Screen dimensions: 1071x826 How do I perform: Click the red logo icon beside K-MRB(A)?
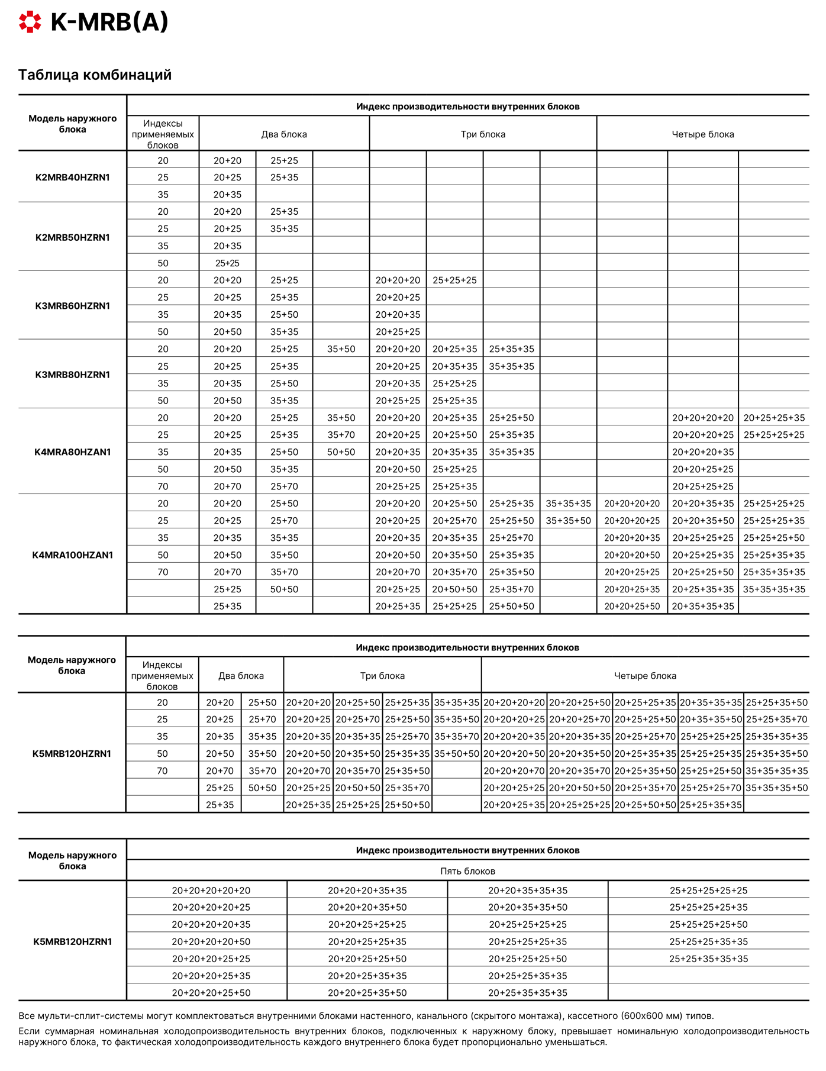30,22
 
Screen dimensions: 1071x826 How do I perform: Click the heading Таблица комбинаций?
95,75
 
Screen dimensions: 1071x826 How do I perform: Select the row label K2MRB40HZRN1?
72,178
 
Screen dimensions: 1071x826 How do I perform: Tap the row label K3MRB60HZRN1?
72,306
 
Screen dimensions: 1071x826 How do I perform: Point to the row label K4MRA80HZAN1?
72,452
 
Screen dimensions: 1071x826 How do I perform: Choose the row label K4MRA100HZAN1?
72,555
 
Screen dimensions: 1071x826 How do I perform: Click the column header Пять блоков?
467,871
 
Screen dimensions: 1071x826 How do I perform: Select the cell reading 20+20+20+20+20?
211,890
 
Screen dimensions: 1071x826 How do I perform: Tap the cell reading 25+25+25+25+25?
708,890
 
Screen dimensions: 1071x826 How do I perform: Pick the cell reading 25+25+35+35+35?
708,959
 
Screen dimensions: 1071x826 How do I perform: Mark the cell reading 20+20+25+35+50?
367,993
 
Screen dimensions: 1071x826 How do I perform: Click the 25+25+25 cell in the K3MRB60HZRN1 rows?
454,280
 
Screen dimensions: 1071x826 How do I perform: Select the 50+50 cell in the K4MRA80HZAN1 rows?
341,452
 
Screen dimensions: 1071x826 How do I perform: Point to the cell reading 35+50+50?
456,754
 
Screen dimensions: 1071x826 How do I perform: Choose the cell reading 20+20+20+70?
514,771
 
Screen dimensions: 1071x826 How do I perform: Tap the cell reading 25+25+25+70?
710,788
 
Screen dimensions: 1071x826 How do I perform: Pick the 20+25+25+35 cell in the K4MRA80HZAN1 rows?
774,418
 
